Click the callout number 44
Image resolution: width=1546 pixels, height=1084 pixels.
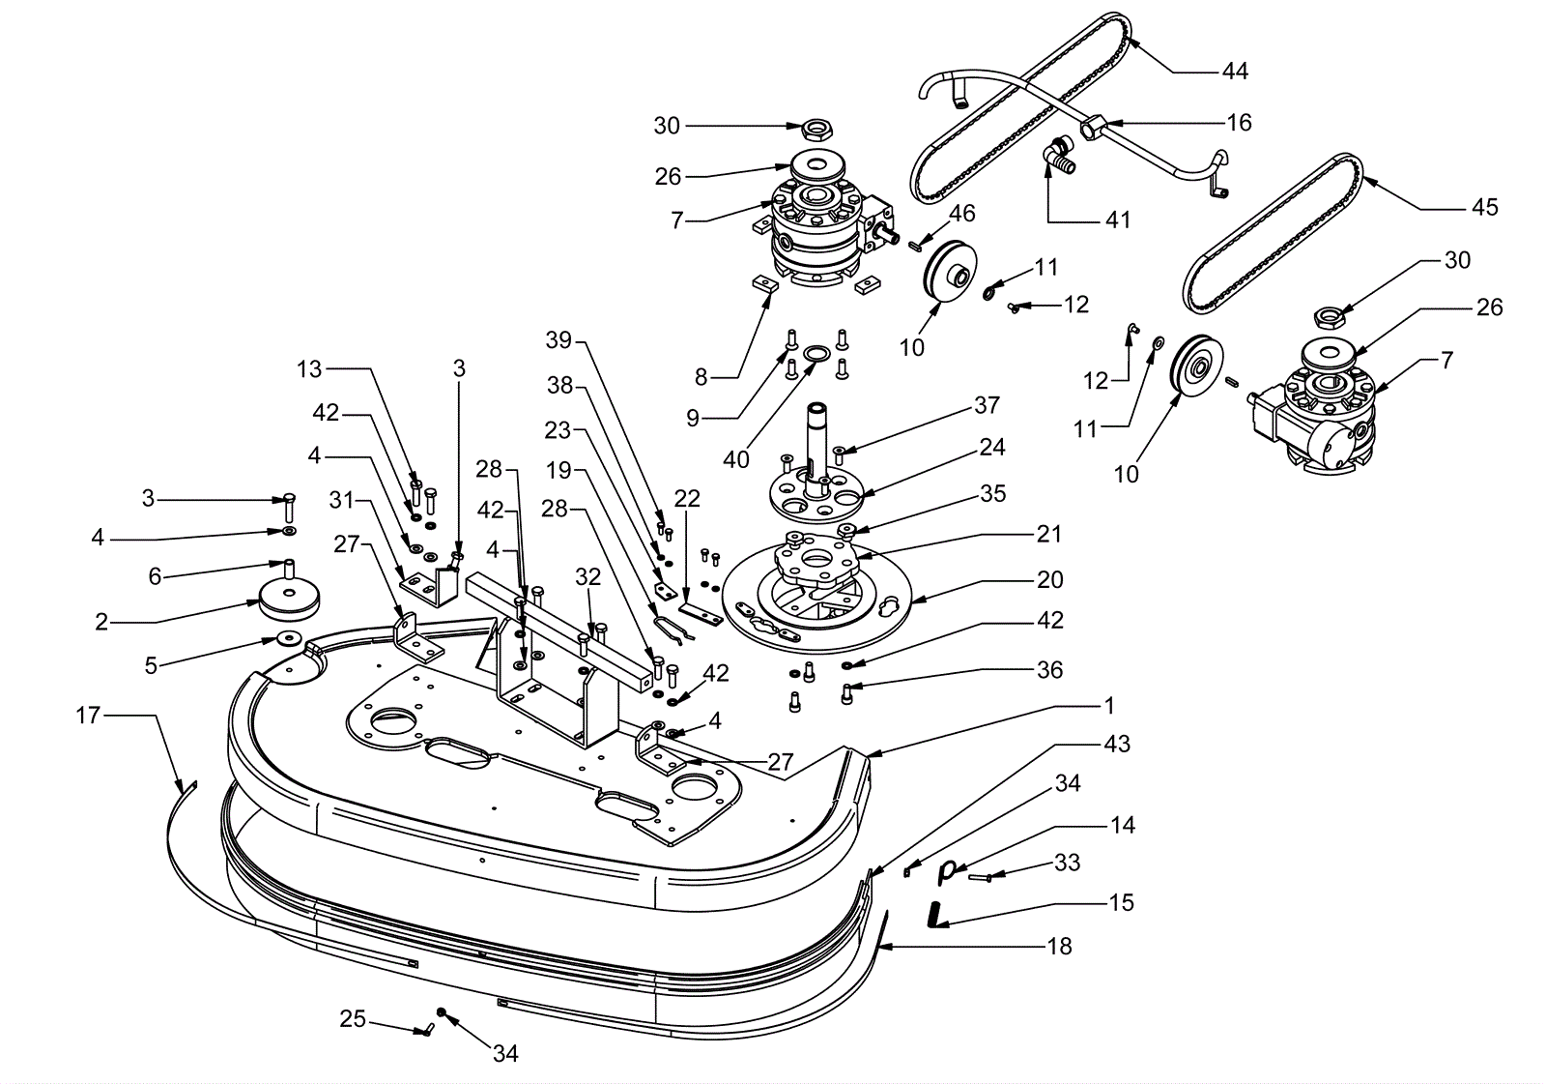[x=1235, y=72]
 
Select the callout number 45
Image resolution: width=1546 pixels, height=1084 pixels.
[x=1484, y=207]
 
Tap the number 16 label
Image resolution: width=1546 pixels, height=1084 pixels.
[x=1239, y=123]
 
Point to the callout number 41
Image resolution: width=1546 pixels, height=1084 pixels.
[x=1118, y=220]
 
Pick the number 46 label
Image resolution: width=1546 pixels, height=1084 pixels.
[x=962, y=214]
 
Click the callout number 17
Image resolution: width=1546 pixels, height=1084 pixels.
[x=88, y=716]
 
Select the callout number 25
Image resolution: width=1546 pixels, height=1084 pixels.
[x=353, y=1019]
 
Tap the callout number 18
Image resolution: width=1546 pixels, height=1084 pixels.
[x=1059, y=947]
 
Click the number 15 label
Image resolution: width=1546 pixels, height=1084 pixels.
[x=1122, y=903]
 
